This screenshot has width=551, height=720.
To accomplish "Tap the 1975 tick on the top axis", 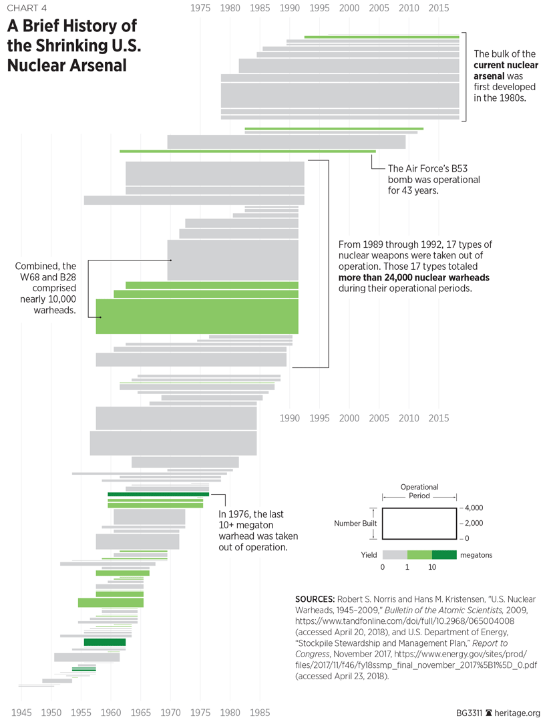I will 201,9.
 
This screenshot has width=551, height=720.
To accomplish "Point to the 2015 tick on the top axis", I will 439,9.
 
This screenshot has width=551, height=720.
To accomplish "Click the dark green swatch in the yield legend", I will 444,554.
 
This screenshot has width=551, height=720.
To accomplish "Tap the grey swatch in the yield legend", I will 395,554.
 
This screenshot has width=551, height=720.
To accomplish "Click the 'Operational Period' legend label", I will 419,492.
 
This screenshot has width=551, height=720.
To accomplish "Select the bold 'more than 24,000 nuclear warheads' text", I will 414,277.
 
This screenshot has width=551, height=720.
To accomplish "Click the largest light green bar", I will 197,316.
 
